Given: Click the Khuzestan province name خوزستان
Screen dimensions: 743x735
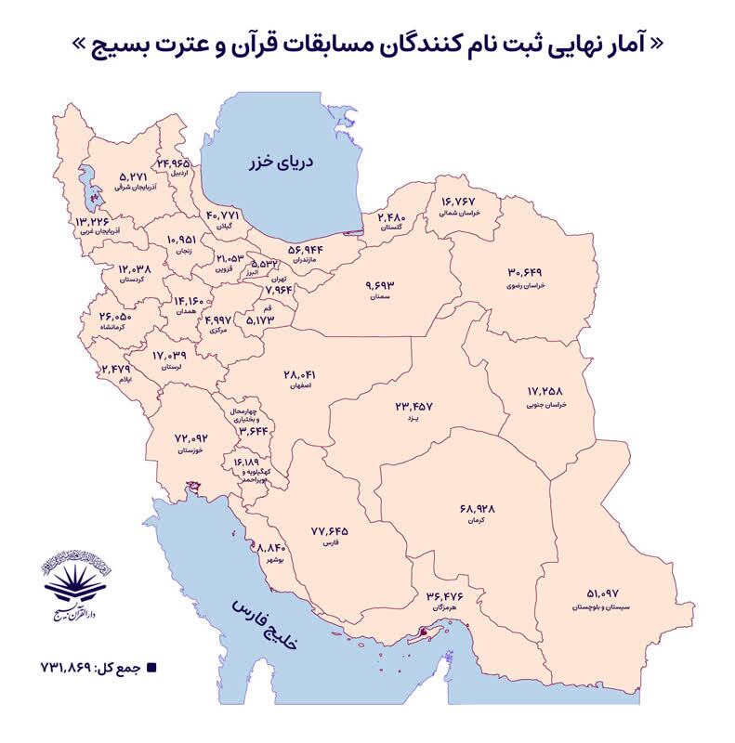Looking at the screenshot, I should tap(190, 450).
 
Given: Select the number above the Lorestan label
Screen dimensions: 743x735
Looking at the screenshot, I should tap(171, 355).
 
